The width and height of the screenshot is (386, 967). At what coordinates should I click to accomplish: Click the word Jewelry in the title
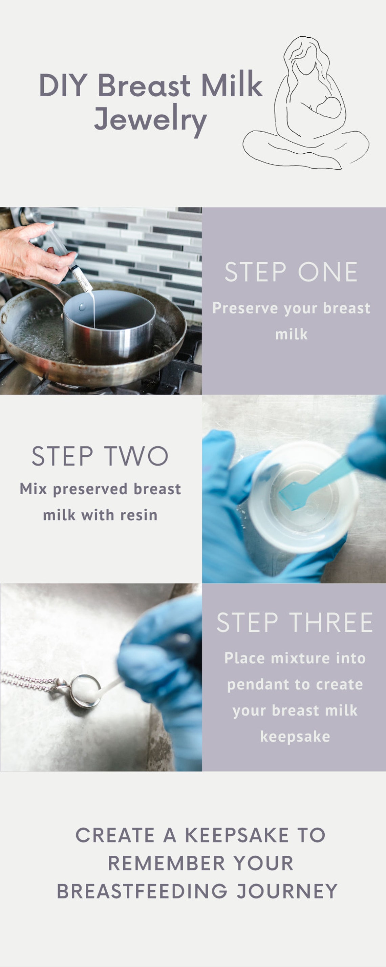click(x=150, y=119)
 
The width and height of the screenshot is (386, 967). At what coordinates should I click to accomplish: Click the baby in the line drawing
click(x=328, y=107)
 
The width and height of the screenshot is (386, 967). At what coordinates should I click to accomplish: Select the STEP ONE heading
click(x=291, y=272)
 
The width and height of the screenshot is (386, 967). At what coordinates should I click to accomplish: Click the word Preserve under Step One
click(x=245, y=308)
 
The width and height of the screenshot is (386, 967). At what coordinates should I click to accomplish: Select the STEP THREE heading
click(x=295, y=622)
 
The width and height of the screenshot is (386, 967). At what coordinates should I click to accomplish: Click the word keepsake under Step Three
click(x=295, y=737)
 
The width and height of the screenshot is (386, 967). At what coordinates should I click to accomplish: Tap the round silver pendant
click(x=85, y=691)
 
